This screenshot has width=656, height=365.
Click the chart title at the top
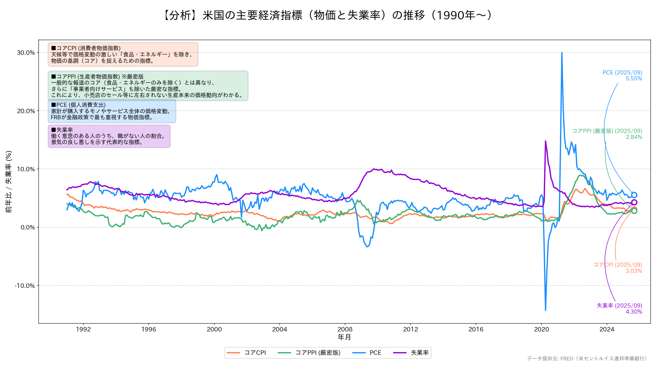tap(328, 15)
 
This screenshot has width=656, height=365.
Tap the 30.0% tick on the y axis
tap(26, 53)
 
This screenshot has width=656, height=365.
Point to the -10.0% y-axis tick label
tap(25, 286)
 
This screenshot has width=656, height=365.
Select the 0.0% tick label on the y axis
tap(27, 228)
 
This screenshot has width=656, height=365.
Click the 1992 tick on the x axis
tap(83, 329)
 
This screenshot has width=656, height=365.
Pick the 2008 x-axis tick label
tap(345, 329)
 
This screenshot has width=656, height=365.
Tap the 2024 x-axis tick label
tap(607, 329)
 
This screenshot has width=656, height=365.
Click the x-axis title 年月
tap(344, 337)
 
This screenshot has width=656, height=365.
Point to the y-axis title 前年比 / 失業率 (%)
tap(9, 182)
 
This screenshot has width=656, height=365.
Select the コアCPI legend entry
tap(247, 353)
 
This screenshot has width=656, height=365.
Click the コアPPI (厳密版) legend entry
tap(309, 353)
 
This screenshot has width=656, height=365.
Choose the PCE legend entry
tap(367, 353)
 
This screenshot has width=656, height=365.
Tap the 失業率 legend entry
tap(411, 353)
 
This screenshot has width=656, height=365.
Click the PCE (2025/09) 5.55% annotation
tap(622, 75)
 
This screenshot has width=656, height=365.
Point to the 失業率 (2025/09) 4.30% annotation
tap(619, 309)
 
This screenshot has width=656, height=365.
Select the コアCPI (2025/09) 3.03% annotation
tap(618, 268)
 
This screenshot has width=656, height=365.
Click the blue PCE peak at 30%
tap(562, 53)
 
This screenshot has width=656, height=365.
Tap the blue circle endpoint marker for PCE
tap(634, 195)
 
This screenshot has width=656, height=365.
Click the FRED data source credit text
tap(587, 358)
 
